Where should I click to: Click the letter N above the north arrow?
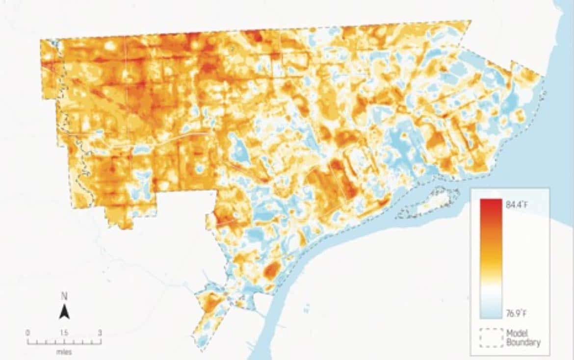point(64,296)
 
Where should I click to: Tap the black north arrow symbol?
point(64,311)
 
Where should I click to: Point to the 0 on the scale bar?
point(27,333)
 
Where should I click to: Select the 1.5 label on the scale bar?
point(64,333)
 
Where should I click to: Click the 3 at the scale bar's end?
point(100,333)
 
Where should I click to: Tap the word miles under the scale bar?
point(64,352)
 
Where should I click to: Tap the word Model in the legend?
point(517,333)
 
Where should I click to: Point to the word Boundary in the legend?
point(523,342)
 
